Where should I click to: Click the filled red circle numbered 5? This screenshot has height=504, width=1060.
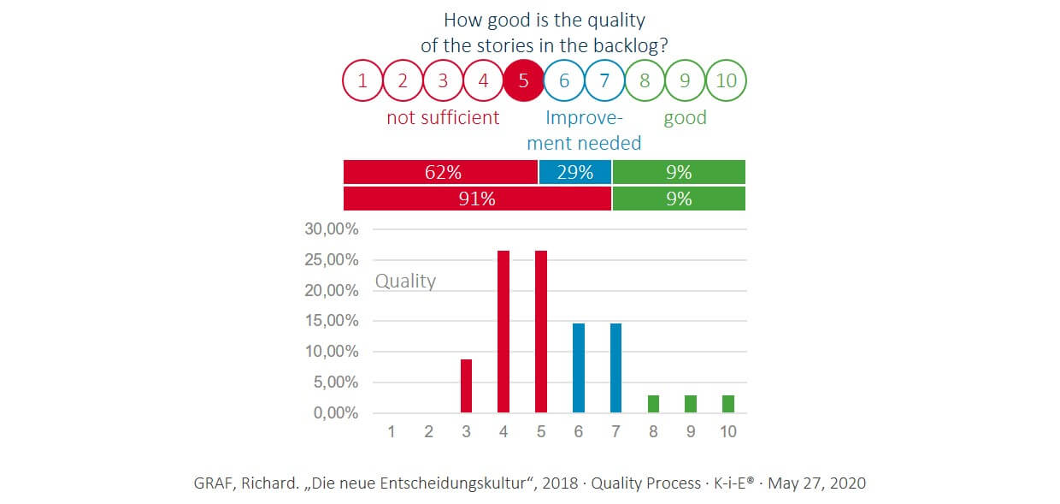(x=524, y=81)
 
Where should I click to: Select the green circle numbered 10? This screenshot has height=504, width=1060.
(x=726, y=81)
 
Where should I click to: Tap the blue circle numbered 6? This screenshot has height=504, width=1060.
(x=564, y=81)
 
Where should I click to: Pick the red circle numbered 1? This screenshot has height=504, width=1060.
(x=362, y=81)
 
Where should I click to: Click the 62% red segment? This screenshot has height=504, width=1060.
(x=440, y=172)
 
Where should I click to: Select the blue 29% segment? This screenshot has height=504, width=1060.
(x=574, y=172)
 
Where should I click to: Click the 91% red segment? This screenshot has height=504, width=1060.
(x=477, y=199)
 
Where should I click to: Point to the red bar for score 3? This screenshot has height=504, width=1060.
(x=466, y=386)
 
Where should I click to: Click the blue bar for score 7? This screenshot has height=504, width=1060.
(x=616, y=368)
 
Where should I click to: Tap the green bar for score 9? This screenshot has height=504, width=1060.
(x=691, y=404)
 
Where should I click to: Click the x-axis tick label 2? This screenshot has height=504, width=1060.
(x=428, y=432)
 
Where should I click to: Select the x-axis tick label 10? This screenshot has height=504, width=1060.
(x=727, y=432)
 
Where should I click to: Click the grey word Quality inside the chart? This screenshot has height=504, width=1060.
(x=405, y=281)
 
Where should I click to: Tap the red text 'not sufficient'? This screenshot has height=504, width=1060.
(x=443, y=117)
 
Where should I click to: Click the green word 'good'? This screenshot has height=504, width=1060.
(x=685, y=117)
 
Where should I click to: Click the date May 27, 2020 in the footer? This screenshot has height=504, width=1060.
(x=816, y=483)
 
